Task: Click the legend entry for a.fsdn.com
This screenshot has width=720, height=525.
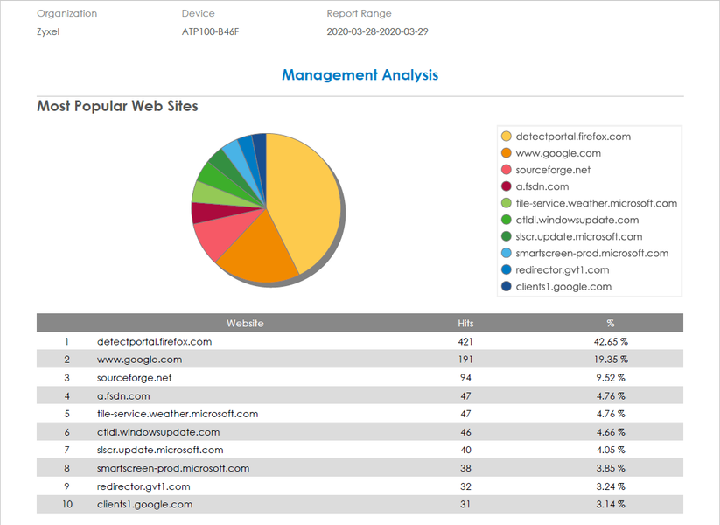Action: coord(542,186)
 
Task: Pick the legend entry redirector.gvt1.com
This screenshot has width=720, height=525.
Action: coord(563,269)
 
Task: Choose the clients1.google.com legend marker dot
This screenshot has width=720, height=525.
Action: coord(506,286)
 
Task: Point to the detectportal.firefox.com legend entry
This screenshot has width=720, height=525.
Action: coord(573,136)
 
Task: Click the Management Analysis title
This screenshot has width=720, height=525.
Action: coord(360,75)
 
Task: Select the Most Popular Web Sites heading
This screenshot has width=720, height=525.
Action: coord(117,107)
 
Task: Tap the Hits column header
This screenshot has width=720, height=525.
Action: coord(465,323)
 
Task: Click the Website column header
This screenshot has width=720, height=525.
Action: coord(245,323)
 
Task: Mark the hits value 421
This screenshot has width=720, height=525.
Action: coord(465,341)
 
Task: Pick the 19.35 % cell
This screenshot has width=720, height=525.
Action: coord(611,360)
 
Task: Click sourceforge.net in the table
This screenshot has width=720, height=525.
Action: coord(135,378)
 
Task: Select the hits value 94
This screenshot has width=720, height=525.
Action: coord(465,378)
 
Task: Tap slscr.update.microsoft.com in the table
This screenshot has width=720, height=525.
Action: coord(160,450)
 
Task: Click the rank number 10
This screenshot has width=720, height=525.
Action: coord(66,504)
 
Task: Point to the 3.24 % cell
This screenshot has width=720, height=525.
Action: coord(611,486)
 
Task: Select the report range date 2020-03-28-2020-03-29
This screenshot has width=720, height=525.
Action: coord(377,31)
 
